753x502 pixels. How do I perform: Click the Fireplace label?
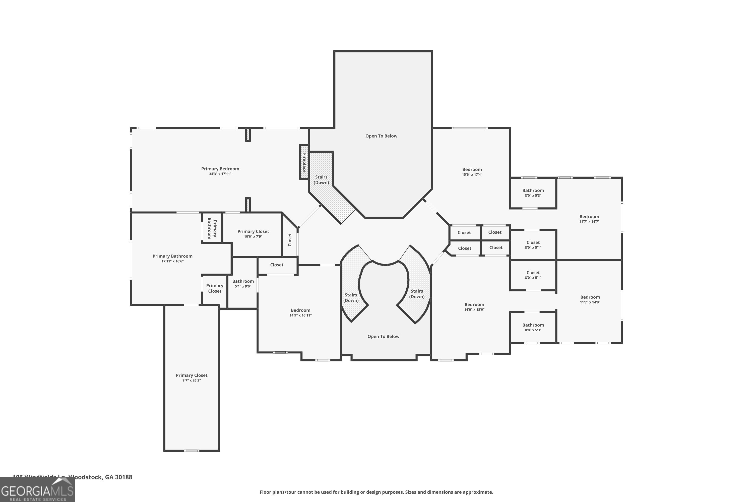tap(304, 163)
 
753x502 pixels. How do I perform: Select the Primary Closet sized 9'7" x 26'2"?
tap(192, 378)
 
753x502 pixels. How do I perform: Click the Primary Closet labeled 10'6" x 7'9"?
tap(253, 234)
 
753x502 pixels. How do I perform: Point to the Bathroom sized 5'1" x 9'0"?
tap(243, 283)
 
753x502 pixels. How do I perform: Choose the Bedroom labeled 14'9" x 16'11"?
tap(300, 312)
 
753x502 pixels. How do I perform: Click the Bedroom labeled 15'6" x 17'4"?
tap(472, 172)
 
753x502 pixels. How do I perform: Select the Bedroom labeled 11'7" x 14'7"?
tap(589, 219)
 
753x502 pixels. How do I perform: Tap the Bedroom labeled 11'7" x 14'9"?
tap(590, 299)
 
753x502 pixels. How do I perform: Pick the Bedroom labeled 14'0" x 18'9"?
tap(474, 307)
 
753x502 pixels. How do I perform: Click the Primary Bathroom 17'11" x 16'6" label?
tap(172, 258)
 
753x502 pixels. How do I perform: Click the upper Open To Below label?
tap(381, 136)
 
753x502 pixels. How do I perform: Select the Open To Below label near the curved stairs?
tap(383, 337)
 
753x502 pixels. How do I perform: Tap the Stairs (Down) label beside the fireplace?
tap(321, 180)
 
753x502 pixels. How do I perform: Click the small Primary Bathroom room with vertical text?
tap(212, 228)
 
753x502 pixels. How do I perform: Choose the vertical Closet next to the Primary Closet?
tap(290, 239)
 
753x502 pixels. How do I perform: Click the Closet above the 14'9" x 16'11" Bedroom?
tap(277, 265)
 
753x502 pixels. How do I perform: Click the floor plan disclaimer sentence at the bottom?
tap(376, 492)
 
